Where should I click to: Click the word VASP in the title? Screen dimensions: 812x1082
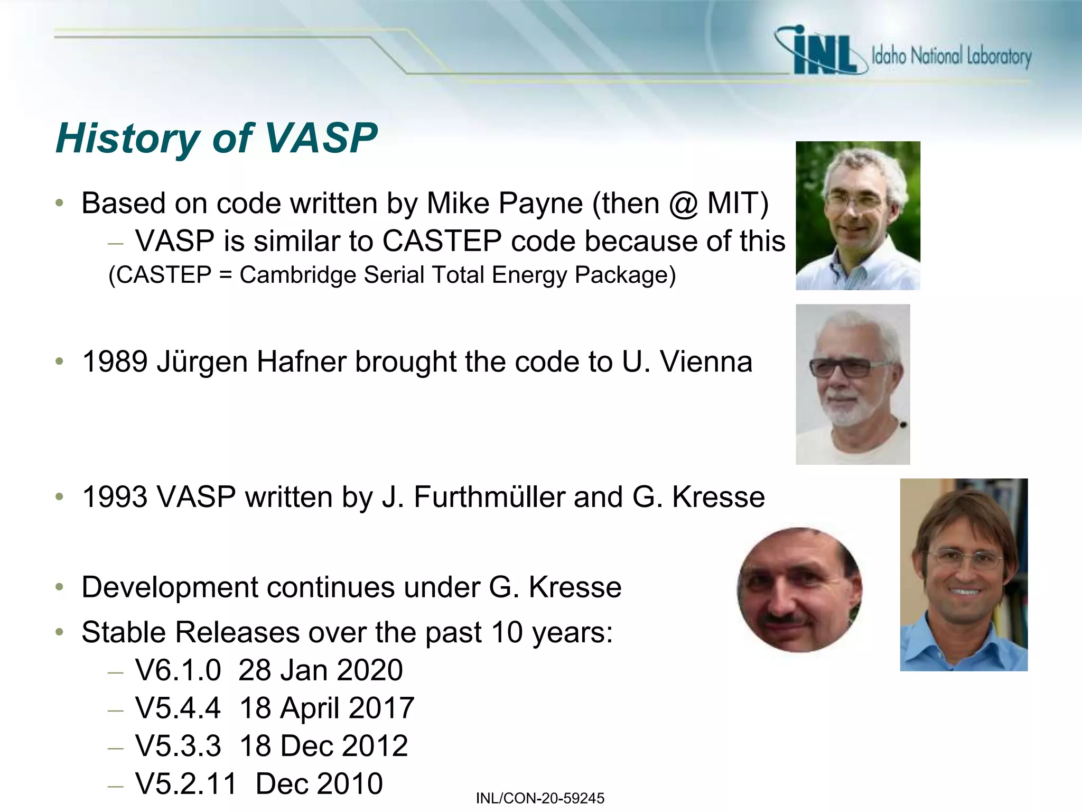click(321, 139)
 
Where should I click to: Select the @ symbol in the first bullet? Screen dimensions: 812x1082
click(683, 204)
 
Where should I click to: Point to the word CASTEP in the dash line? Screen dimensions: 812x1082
click(442, 242)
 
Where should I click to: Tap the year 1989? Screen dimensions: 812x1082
click(115, 363)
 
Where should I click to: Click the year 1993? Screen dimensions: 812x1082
click(115, 497)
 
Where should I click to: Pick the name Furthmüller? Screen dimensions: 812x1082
click(489, 497)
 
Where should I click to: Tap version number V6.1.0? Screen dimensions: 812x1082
click(178, 670)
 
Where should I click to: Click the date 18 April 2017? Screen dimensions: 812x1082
click(327, 708)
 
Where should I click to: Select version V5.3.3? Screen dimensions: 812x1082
click(178, 746)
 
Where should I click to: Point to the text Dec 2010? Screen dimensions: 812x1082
click(319, 784)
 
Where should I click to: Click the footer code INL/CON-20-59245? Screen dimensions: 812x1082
click(540, 798)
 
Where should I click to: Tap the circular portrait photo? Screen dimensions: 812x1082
click(799, 590)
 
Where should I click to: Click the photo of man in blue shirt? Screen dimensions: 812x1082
click(964, 575)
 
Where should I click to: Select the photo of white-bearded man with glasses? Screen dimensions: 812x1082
click(853, 384)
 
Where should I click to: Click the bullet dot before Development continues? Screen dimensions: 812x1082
click(60, 587)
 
